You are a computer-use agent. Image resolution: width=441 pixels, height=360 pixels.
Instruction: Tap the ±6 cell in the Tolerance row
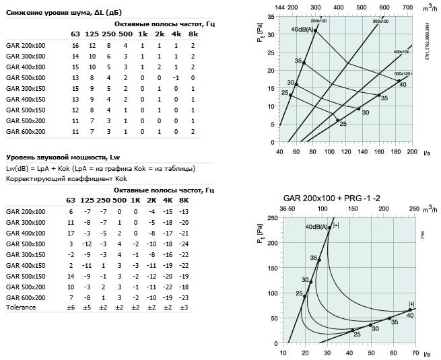(x=71, y=308)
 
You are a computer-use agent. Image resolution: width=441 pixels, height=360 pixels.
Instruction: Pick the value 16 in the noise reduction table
(x=76, y=44)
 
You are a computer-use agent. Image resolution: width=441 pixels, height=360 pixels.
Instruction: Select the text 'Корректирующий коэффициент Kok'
(x=66, y=180)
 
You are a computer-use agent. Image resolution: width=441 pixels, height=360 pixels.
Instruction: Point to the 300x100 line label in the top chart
(x=381, y=22)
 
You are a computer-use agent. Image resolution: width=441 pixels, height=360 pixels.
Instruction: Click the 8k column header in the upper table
(x=194, y=34)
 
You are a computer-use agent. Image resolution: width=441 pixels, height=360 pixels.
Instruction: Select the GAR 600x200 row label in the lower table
(x=26, y=297)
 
